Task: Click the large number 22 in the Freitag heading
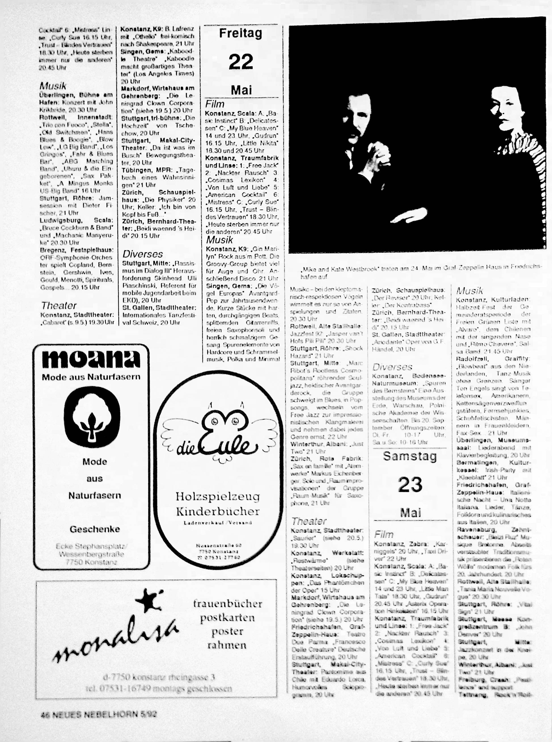241,62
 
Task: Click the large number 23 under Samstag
410,485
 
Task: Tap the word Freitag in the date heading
241,33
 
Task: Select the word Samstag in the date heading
410,456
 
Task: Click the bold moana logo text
91,360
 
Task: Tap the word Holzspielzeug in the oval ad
218,496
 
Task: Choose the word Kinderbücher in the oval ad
218,511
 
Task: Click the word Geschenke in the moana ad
95,529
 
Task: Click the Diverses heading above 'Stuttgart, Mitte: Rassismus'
143,254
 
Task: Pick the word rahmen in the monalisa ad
227,645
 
